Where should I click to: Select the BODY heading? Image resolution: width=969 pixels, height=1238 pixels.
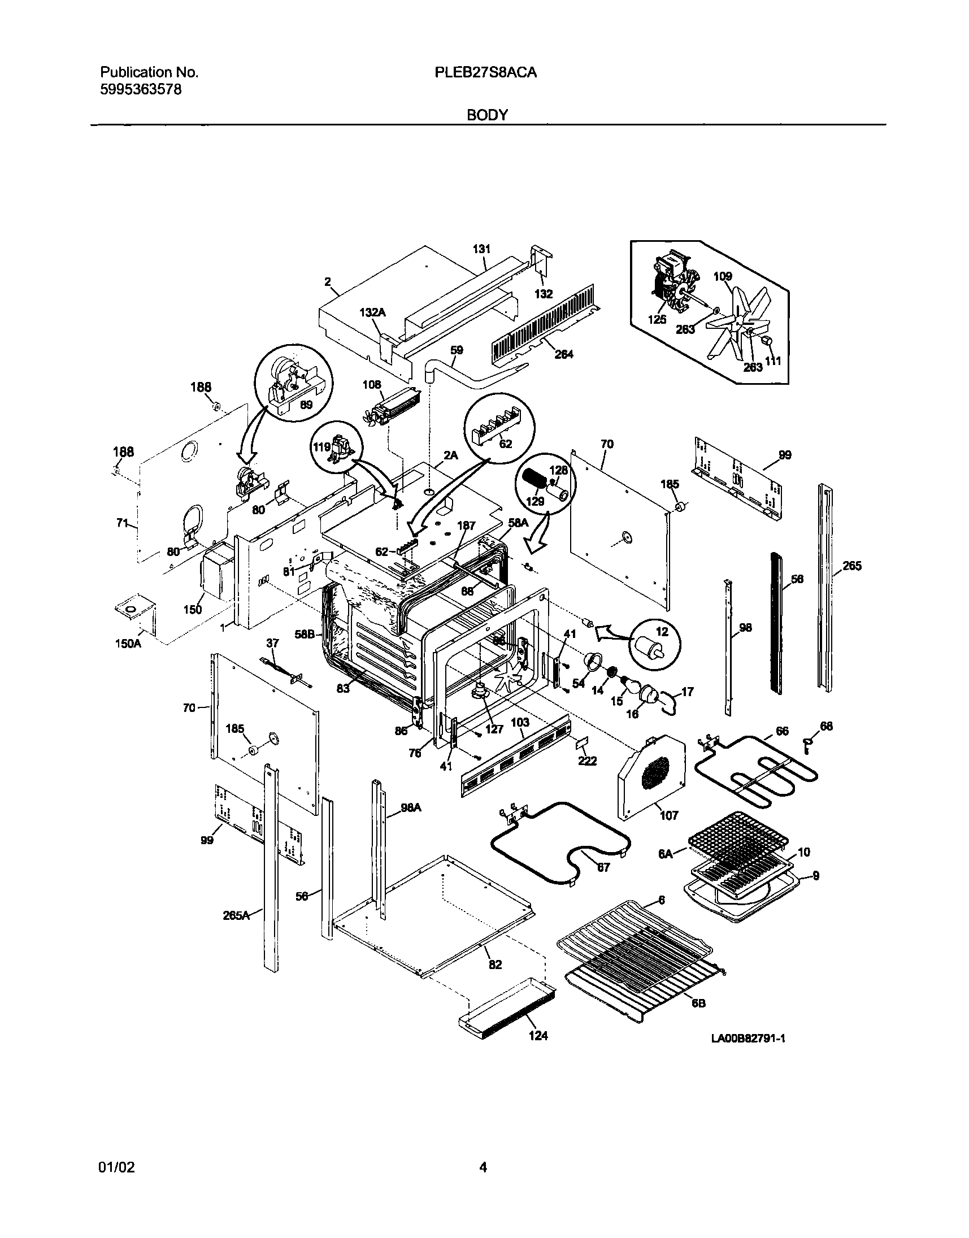pos(487,115)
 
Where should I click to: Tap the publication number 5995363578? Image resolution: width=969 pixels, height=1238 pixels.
pos(141,90)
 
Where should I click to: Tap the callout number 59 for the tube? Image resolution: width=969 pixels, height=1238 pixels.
pos(457,350)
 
